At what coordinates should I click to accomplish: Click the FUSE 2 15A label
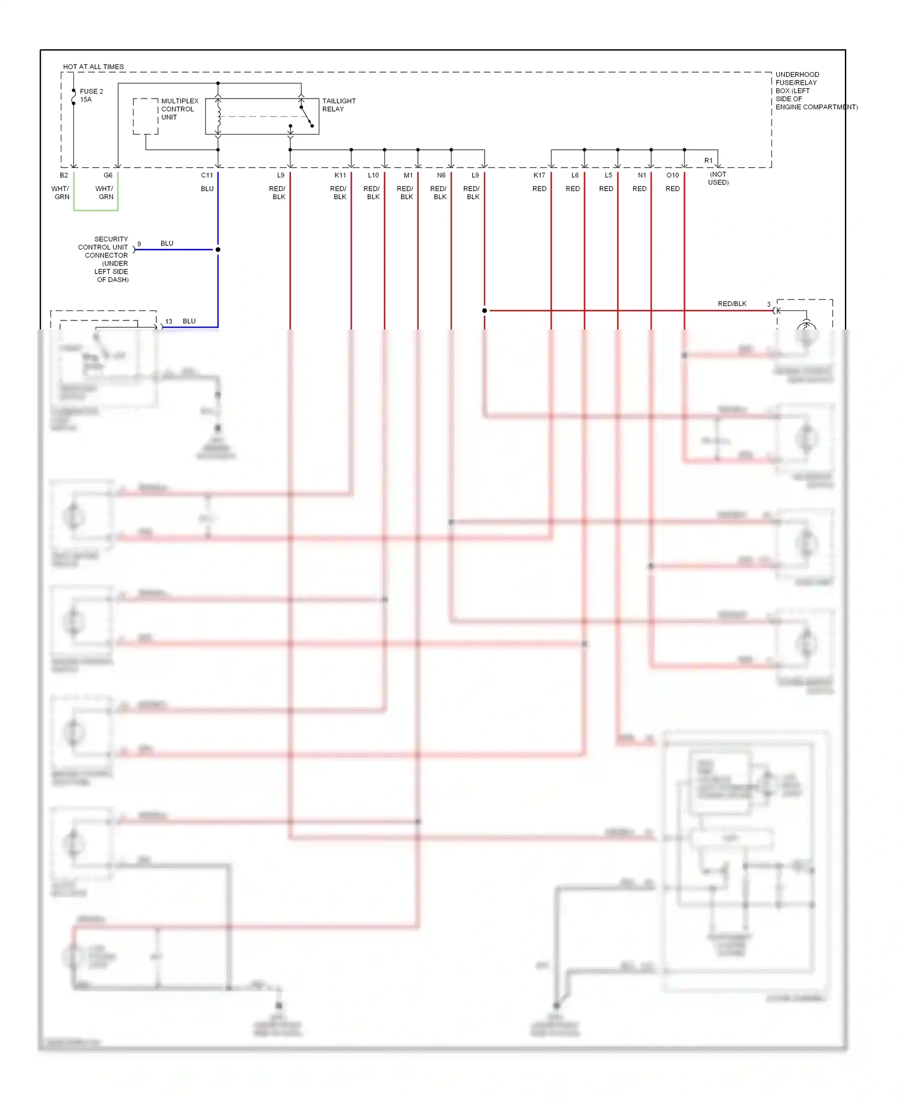[91, 95]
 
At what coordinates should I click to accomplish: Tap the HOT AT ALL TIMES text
[93, 67]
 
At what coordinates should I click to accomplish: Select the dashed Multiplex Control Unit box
[146, 116]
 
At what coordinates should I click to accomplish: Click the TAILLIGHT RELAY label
[339, 105]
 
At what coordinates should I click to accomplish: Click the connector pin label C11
[207, 176]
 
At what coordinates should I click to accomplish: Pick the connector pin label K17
[539, 176]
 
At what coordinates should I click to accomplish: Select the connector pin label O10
[672, 176]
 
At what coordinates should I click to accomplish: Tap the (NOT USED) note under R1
[718, 178]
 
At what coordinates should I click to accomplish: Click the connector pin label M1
[408, 176]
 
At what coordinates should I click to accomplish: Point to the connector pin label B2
[64, 176]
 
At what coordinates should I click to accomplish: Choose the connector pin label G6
[108, 176]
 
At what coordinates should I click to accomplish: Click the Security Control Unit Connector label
[104, 259]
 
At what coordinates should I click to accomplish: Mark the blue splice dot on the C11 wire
[218, 249]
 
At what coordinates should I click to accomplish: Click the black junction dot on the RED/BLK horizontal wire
[485, 311]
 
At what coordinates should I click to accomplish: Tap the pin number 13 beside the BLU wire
[169, 322]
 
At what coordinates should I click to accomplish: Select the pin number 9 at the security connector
[139, 244]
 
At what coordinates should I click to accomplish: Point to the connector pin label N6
[441, 176]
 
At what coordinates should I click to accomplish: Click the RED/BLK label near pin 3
[732, 304]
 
